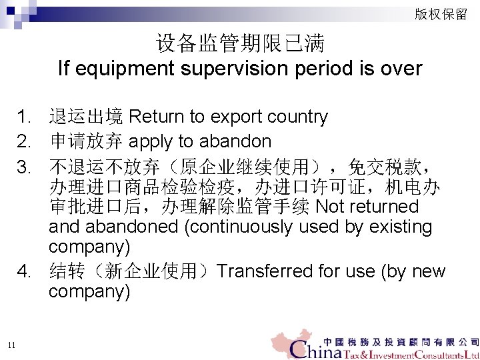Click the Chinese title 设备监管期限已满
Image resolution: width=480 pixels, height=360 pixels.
point(240,44)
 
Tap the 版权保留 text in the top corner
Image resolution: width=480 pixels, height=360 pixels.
point(441,14)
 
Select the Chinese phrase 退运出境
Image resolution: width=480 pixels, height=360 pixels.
point(86,117)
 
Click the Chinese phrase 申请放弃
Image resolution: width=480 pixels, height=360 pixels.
point(86,141)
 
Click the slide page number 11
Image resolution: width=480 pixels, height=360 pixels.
point(11,344)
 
